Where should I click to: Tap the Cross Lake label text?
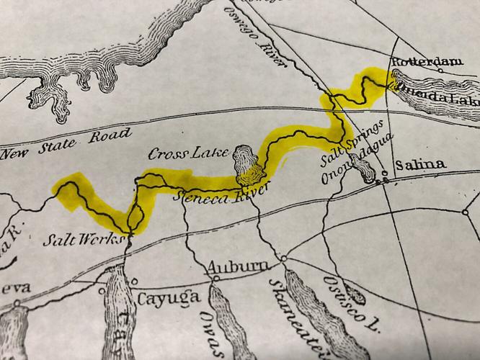tap(189, 153)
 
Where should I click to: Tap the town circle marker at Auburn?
tap(284, 258)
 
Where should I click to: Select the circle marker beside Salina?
tap(386, 173)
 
